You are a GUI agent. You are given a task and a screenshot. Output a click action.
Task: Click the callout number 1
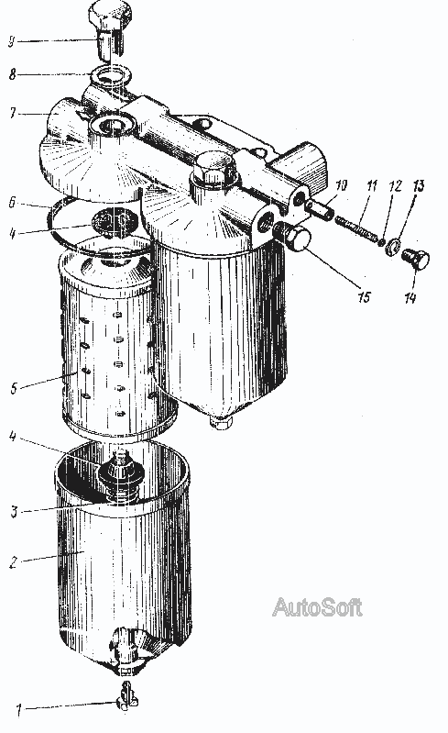[x=18, y=711]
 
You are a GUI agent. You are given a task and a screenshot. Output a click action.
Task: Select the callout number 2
[x=13, y=561]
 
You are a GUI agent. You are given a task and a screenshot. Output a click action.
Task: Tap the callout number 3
[x=14, y=511]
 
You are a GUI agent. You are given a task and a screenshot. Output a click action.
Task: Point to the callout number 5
[x=14, y=387]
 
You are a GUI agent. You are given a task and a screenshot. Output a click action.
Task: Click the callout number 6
[x=12, y=202]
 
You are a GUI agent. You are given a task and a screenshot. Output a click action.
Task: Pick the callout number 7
[x=13, y=113]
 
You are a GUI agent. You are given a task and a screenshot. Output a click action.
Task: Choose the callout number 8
[x=13, y=74]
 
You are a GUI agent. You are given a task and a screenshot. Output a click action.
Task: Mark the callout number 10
[x=342, y=185]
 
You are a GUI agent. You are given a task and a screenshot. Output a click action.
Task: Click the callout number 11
[x=371, y=185]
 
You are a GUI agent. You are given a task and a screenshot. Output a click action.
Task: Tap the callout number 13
[x=419, y=185]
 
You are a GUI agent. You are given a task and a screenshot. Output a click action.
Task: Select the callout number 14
[x=410, y=298]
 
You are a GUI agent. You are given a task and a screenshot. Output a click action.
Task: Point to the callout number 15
[x=365, y=297]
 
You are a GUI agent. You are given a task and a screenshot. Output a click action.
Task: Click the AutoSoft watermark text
[x=317, y=606]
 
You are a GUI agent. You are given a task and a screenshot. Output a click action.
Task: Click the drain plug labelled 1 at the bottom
[x=124, y=696]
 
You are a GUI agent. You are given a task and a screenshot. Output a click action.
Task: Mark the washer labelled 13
[x=393, y=247]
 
